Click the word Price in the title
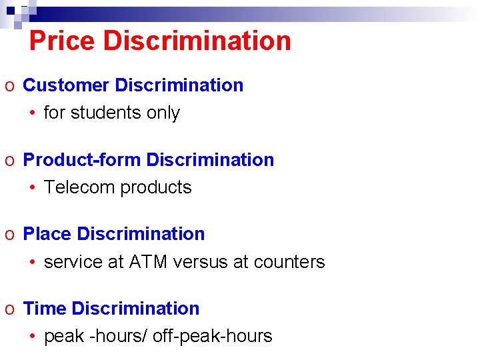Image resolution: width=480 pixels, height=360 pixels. coord(63,41)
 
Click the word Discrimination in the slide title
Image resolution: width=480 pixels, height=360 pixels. coord(197,41)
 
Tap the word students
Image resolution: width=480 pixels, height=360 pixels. coord(105,113)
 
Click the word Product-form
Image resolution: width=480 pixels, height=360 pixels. coord(82,160)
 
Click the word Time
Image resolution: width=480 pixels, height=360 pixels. coord(45,309)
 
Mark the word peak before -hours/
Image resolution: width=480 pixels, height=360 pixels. coord(63,337)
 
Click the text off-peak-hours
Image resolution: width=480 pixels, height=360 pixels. coord(213,337)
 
